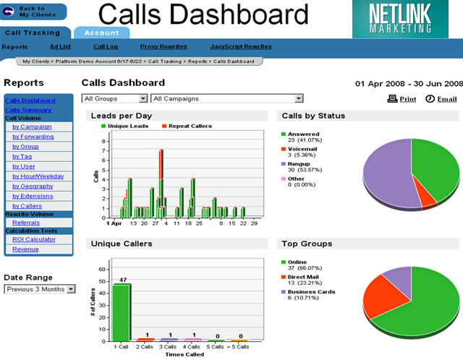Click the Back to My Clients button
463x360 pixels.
coord(35,12)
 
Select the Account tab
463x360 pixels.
coord(101,33)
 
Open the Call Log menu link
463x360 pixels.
coord(106,47)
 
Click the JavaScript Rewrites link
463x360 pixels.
coord(241,47)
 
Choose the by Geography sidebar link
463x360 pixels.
coord(33,186)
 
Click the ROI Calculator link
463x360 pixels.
coord(34,239)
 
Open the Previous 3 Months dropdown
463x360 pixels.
coord(40,289)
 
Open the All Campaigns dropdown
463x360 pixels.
coord(227,98)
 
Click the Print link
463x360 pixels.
coord(402,99)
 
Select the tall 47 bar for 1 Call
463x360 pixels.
coord(122,312)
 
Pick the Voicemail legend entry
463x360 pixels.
coord(302,149)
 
